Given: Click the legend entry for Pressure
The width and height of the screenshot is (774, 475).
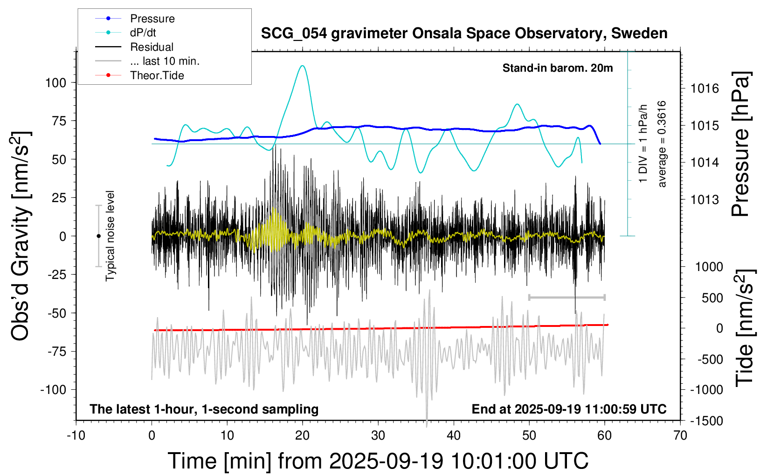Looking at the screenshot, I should pos(152,19).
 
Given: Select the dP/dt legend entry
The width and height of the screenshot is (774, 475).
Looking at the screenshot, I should pos(143,33).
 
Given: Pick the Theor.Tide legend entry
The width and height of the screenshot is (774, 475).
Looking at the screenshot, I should pos(157,75).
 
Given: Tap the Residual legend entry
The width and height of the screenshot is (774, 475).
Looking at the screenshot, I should pos(152,47).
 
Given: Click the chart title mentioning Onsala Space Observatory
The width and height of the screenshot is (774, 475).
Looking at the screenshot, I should pos(464,34).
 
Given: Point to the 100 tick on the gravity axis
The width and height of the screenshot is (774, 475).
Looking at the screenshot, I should pos(55,83).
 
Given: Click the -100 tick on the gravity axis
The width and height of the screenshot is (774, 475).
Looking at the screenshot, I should pos(53,390).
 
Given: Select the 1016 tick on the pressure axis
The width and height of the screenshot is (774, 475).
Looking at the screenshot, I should pos(705,88).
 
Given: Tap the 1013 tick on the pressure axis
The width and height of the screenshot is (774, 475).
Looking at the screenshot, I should pos(705,200).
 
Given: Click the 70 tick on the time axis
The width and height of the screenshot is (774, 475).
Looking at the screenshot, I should pos(680,436).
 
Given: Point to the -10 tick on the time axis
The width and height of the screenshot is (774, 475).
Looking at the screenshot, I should pos(76,436).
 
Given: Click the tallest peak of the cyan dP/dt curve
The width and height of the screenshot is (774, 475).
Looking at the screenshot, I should pos(303,66).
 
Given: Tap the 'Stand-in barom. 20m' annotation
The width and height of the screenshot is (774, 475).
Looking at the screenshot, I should pos(557,68).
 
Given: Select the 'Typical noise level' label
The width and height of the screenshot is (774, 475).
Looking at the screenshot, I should pos(110,236).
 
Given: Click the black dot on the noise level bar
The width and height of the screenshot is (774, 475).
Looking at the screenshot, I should pos(98,236).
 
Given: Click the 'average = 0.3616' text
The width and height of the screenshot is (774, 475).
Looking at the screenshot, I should pos(662,144).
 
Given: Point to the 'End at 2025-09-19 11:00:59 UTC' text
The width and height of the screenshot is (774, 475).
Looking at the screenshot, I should pos(569,409).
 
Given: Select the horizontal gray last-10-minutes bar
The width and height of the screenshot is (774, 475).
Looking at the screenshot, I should pos(567,297).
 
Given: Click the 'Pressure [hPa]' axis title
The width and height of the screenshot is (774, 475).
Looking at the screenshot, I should pos(740,144).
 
